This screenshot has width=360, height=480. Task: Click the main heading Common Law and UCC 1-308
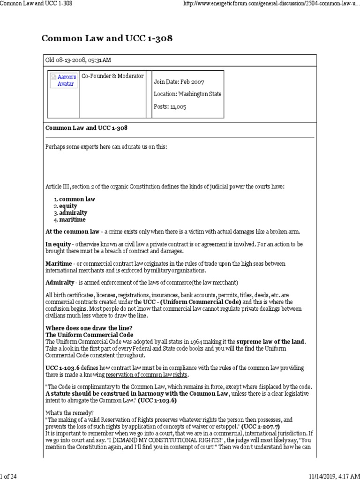tap(107, 38)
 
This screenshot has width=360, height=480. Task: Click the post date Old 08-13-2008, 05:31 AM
tap(78, 60)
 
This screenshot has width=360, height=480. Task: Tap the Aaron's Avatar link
tap(66, 80)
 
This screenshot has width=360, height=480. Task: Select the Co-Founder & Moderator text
tap(112, 76)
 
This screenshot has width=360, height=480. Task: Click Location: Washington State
tap(187, 94)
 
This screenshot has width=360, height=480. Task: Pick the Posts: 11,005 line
tap(170, 106)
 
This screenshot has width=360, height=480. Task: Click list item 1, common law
tap(77, 199)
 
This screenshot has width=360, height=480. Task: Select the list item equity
tap(68, 206)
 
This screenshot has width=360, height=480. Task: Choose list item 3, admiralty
tap(73, 212)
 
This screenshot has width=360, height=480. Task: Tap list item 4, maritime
tap(72, 219)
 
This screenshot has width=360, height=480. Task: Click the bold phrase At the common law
tap(72, 232)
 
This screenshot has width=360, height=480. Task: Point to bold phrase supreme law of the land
tap(270, 342)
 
